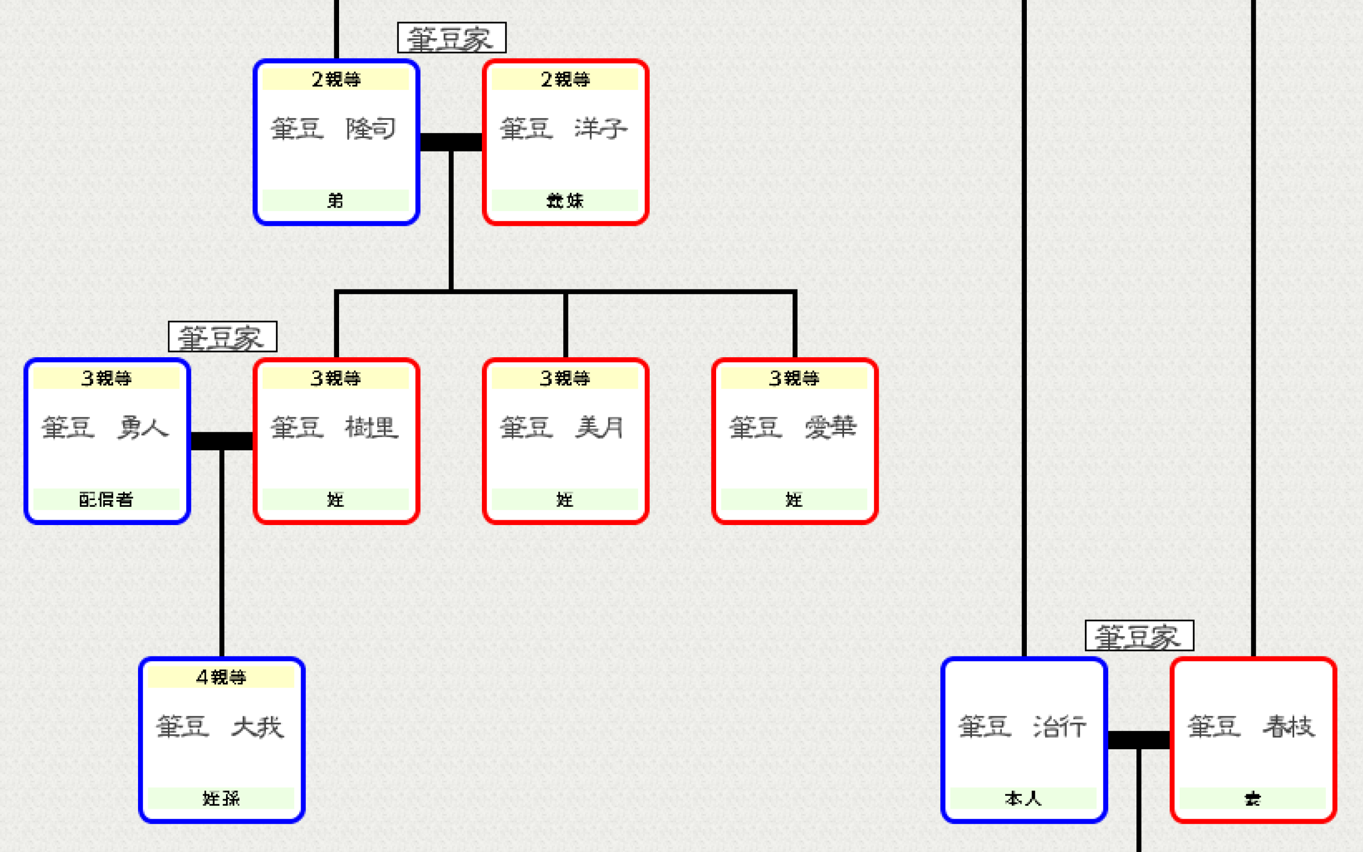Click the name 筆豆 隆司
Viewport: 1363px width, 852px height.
pos(334,129)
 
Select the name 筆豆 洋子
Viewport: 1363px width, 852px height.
pos(563,129)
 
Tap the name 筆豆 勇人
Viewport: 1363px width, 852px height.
pos(105,428)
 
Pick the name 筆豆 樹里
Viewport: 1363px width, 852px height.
pos(335,428)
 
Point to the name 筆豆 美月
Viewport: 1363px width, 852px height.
pos(563,428)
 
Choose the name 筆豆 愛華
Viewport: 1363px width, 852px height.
pos(793,428)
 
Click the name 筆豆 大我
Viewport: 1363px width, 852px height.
pos(220,727)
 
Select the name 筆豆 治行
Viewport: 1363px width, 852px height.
pos(1022,727)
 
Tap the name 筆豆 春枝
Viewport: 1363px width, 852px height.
pos(1252,727)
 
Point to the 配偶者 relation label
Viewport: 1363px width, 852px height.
pos(106,499)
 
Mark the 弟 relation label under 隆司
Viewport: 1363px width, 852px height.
pos(335,200)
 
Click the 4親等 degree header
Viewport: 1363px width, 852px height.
pos(221,677)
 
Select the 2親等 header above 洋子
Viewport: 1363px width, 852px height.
pos(565,79)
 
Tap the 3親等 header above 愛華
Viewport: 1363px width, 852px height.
pos(794,378)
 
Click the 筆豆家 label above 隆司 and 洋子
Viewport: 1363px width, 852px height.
pos(452,38)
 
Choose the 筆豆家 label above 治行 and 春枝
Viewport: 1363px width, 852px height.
pos(1139,636)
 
